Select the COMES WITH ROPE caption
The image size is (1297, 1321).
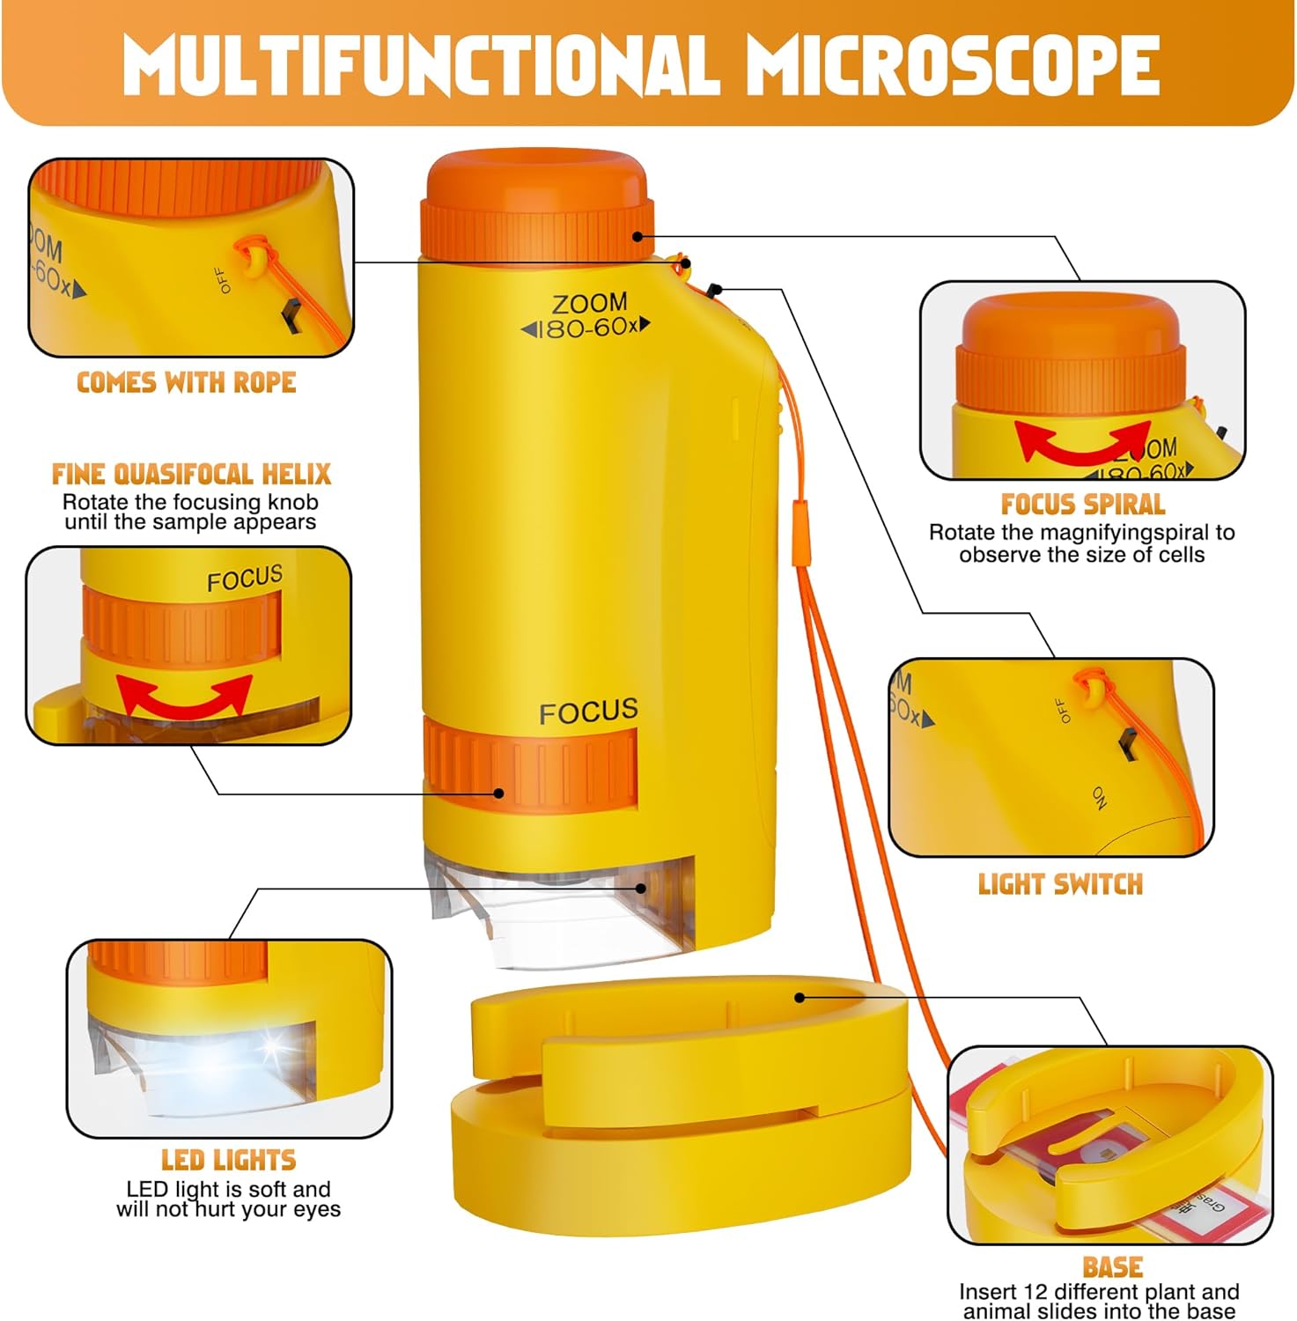coord(186,383)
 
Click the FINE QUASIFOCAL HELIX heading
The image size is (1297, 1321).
coord(191,475)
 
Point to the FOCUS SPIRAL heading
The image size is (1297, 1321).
coord(1082,505)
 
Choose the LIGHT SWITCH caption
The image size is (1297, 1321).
coord(1060,884)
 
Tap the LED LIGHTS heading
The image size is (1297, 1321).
coord(228,1160)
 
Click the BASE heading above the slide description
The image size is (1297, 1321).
coord(1112,1267)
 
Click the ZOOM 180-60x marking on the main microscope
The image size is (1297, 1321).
coord(587,315)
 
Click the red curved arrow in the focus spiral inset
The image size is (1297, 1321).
coord(1081,441)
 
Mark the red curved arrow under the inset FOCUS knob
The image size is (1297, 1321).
coord(184,697)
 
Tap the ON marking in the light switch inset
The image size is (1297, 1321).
coord(1101,798)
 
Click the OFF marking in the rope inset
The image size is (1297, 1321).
coord(224,280)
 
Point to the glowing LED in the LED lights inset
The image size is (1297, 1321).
coord(269,1047)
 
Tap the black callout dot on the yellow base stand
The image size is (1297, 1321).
coord(800,997)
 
